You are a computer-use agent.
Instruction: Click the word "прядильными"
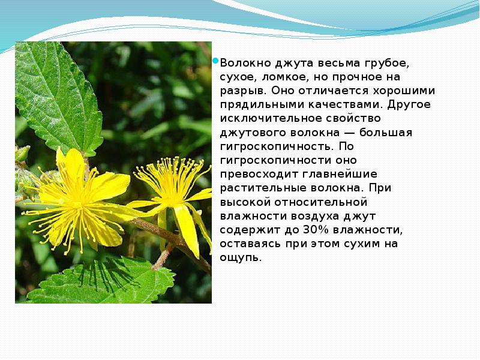tap(255, 104)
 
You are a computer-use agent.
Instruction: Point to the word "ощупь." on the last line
tap(241, 258)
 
